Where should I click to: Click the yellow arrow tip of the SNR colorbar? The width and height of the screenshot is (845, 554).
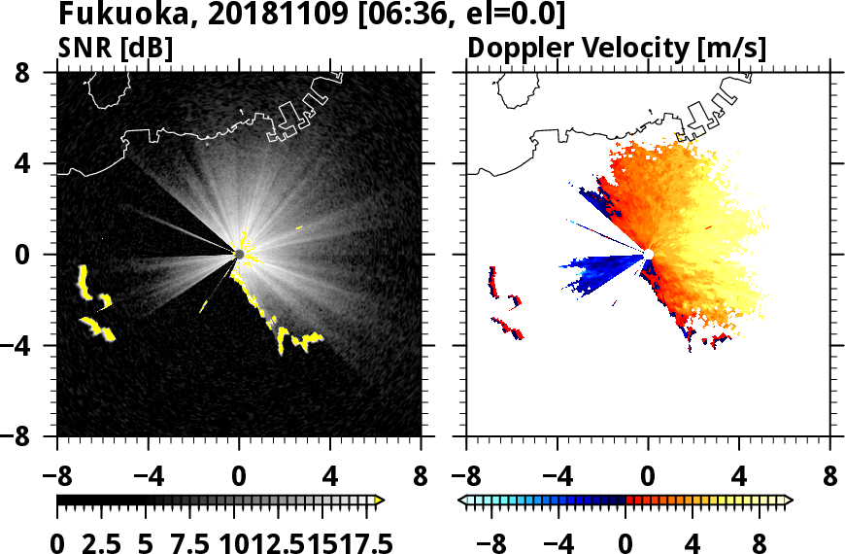(380, 501)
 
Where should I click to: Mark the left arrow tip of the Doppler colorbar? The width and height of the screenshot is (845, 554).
(461, 501)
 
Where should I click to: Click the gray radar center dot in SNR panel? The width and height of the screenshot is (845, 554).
(239, 255)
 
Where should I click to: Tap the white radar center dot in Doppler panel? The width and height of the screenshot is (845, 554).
(648, 255)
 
